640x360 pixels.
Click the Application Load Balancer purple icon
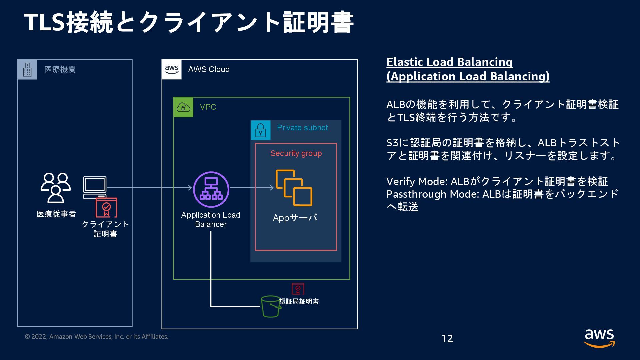(x=211, y=189)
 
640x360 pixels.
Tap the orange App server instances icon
(x=294, y=188)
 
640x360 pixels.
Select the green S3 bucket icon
(x=270, y=306)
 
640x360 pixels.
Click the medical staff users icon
(x=56, y=188)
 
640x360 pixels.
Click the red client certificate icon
(x=106, y=207)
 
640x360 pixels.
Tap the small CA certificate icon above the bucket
(x=298, y=289)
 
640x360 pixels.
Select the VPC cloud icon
(x=183, y=107)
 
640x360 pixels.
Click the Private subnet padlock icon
(x=260, y=130)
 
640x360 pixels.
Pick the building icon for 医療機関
(x=27, y=70)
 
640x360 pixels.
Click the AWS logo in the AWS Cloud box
(x=172, y=69)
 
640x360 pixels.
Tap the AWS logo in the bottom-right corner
(x=599, y=338)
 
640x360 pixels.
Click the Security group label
(x=296, y=153)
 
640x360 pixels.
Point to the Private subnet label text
(x=302, y=128)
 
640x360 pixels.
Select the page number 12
(x=447, y=338)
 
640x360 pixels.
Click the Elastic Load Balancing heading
(x=449, y=62)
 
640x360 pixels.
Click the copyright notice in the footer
(x=97, y=337)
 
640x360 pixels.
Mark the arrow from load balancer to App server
(x=252, y=188)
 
